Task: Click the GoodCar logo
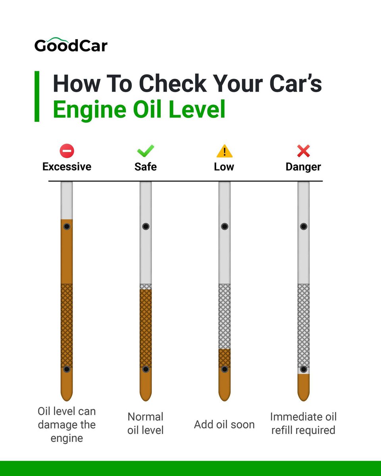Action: point(71,45)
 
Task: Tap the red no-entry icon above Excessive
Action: point(67,151)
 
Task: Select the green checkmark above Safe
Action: point(145,151)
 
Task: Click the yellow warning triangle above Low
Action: point(224,151)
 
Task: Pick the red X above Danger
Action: point(303,151)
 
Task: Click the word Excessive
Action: point(67,167)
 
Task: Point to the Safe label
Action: point(145,167)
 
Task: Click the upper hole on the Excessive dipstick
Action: point(67,226)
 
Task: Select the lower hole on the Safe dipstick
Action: point(146,369)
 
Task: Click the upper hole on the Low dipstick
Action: point(225,226)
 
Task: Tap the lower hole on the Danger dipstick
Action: point(304,369)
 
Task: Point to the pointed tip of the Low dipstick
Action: point(225,401)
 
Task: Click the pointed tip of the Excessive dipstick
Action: point(67,401)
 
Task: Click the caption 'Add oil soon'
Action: point(224,424)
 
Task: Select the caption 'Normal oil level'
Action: point(145,423)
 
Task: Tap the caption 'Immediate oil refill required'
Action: point(303,423)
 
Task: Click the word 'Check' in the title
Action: point(173,83)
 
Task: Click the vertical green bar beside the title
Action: point(37,96)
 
